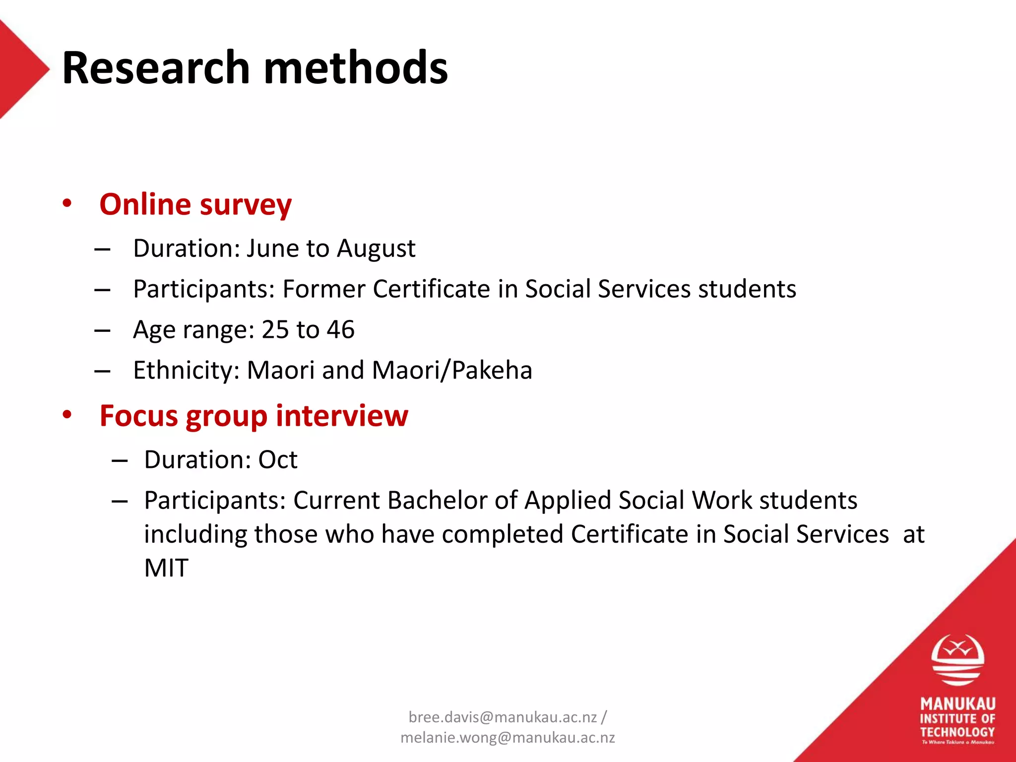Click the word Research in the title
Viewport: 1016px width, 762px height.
[156, 68]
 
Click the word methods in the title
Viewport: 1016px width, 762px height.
[356, 68]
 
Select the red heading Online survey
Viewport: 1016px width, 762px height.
[195, 204]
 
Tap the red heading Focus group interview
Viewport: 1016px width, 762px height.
[254, 416]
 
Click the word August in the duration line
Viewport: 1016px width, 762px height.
[376, 249]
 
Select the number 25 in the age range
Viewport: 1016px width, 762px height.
[275, 330]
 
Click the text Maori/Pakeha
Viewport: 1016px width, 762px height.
[452, 371]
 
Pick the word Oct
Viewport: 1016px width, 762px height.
[278, 460]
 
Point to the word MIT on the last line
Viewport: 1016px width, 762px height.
[166, 568]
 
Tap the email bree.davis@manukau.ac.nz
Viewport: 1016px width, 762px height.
[503, 717]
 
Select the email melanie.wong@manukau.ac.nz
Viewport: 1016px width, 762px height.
[508, 738]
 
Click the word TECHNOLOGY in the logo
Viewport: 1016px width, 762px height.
[957, 732]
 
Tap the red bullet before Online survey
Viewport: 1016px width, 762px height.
[67, 203]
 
